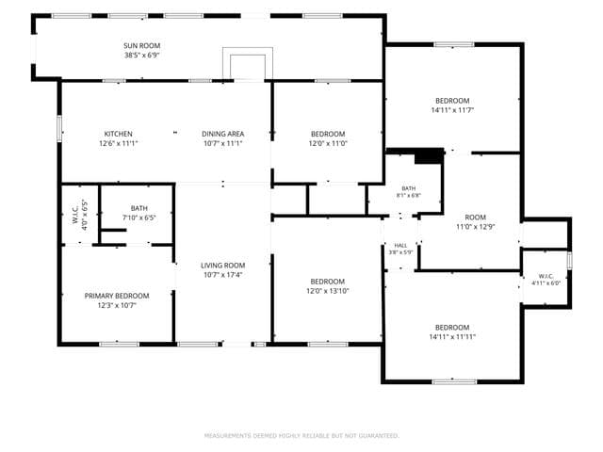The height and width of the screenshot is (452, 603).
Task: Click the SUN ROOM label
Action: [142, 46]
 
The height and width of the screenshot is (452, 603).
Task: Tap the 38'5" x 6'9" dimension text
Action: [142, 55]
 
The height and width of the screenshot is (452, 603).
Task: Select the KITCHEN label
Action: [119, 134]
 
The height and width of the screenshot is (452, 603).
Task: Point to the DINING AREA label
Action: [223, 134]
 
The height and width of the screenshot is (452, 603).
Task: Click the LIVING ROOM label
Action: [223, 266]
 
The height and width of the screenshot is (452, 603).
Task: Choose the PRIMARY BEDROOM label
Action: [117, 296]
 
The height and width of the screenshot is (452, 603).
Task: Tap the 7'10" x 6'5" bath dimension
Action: [139, 218]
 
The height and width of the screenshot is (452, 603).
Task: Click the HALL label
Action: [400, 246]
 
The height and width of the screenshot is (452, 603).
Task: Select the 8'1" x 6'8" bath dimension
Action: [409, 195]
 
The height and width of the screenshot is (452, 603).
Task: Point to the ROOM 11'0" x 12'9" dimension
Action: [475, 227]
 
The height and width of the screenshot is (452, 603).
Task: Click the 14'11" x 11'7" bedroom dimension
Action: [452, 110]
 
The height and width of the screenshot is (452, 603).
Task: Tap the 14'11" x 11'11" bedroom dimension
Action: [452, 337]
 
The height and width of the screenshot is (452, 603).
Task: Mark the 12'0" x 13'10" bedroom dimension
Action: [328, 291]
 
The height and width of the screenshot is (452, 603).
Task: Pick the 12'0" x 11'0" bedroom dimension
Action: [328, 143]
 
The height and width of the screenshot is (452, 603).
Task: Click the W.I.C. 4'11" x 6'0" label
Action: [546, 280]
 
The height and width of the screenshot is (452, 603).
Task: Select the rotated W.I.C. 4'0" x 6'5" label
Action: [80, 216]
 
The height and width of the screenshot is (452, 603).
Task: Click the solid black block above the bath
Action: [430, 156]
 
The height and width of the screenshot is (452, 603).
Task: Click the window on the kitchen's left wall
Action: [59, 129]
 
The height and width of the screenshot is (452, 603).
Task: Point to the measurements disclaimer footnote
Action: [301, 435]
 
